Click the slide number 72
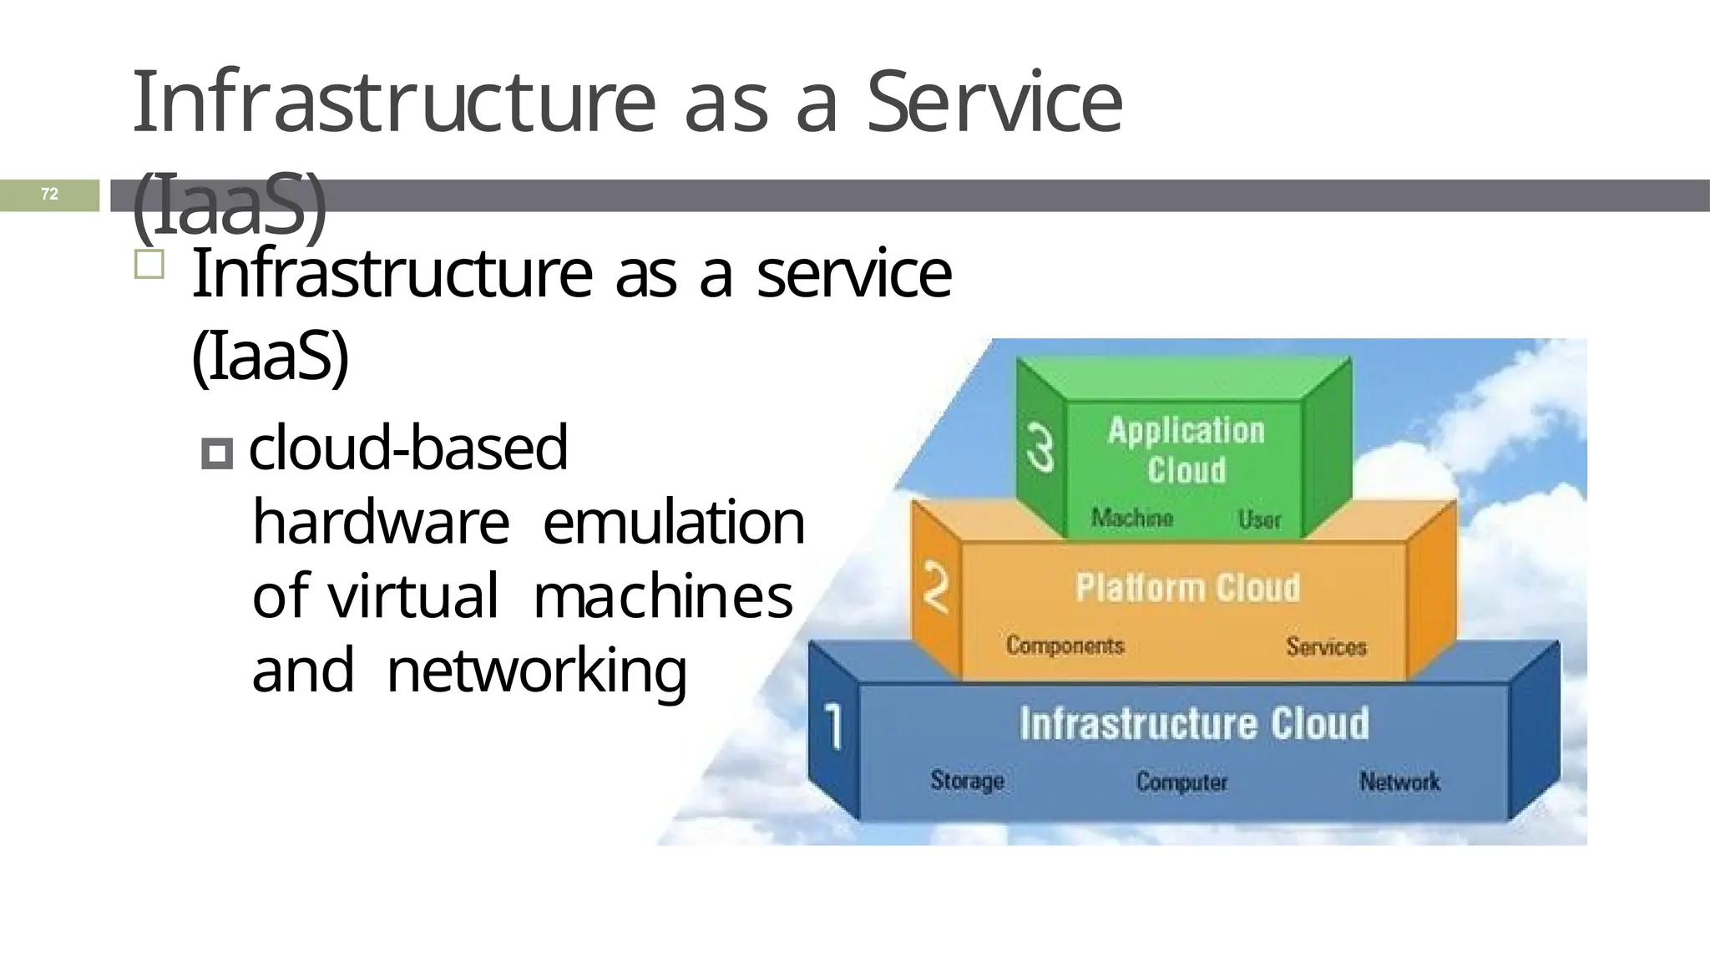50,195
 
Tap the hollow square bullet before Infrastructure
149,265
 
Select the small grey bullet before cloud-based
217,455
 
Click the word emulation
673,522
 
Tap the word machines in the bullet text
662,596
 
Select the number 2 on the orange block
936,588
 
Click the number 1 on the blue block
833,725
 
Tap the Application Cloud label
1186,450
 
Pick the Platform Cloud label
1187,588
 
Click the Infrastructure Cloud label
1194,724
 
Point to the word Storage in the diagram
967,781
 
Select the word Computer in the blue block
1181,782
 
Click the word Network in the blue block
1399,782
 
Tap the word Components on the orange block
1065,646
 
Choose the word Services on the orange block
1326,646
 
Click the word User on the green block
1259,519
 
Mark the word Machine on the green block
1131,518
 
